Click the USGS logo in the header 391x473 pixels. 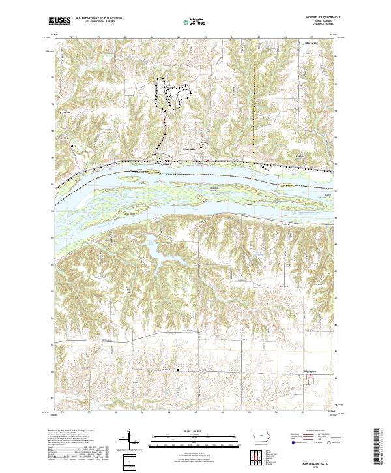59,20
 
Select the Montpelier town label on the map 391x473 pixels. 190,149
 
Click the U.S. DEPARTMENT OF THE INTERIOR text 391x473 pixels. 100,18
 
